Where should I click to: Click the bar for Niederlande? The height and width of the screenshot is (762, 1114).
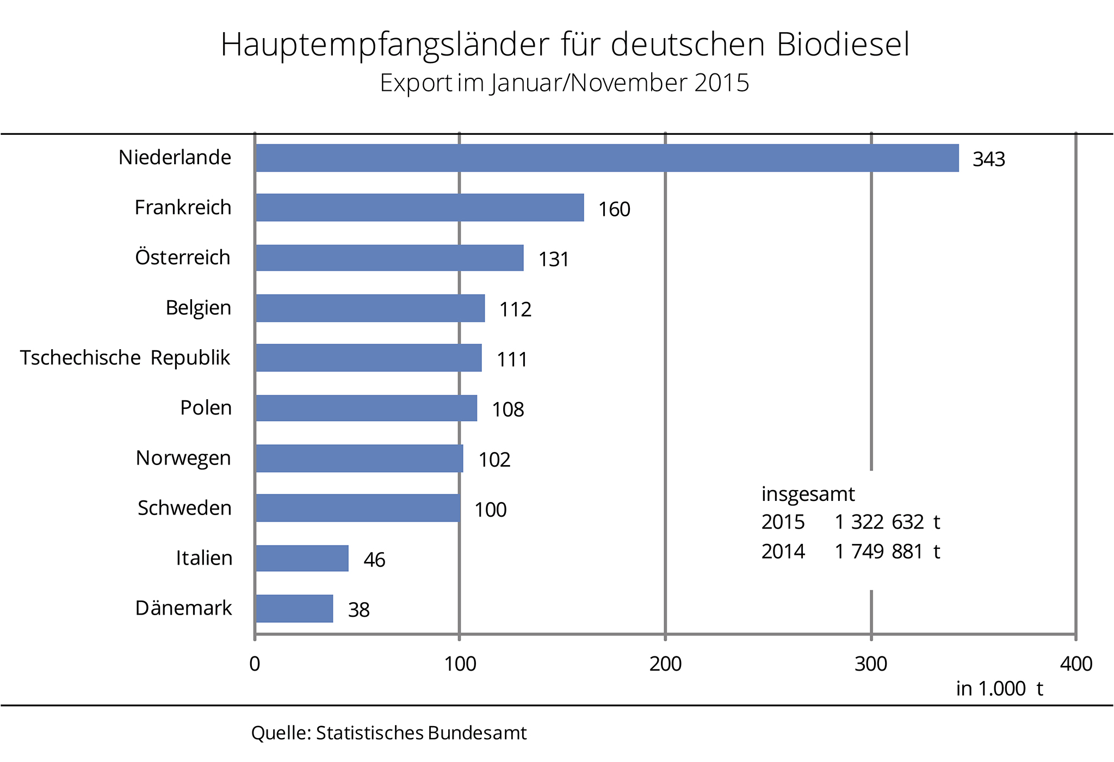click(606, 158)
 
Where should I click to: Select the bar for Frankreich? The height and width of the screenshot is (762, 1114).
click(419, 207)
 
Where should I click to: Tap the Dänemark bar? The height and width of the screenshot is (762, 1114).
click(294, 608)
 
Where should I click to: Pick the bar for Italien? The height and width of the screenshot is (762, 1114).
click(302, 558)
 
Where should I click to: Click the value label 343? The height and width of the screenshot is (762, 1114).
click(988, 159)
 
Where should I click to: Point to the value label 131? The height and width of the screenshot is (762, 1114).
click(553, 259)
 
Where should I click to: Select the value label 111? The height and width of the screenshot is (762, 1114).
click(512, 360)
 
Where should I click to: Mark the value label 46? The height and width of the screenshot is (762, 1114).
click(374, 560)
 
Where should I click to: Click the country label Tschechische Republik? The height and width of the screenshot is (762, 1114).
click(125, 358)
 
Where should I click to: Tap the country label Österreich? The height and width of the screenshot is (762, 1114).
click(183, 257)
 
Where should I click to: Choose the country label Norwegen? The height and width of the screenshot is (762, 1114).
click(183, 458)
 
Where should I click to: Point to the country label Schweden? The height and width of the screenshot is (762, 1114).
click(184, 508)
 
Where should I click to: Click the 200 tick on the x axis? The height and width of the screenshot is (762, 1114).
click(665, 664)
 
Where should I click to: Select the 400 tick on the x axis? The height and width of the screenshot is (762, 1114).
click(1076, 664)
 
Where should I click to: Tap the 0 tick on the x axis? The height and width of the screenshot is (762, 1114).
click(255, 664)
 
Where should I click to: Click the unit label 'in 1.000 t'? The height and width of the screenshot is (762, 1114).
click(999, 689)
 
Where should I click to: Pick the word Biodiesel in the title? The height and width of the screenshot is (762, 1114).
click(843, 45)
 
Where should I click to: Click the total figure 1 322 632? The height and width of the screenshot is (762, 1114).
click(879, 522)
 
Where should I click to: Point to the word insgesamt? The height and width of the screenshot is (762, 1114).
click(808, 494)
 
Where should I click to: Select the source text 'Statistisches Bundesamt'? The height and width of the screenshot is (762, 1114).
click(421, 733)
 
